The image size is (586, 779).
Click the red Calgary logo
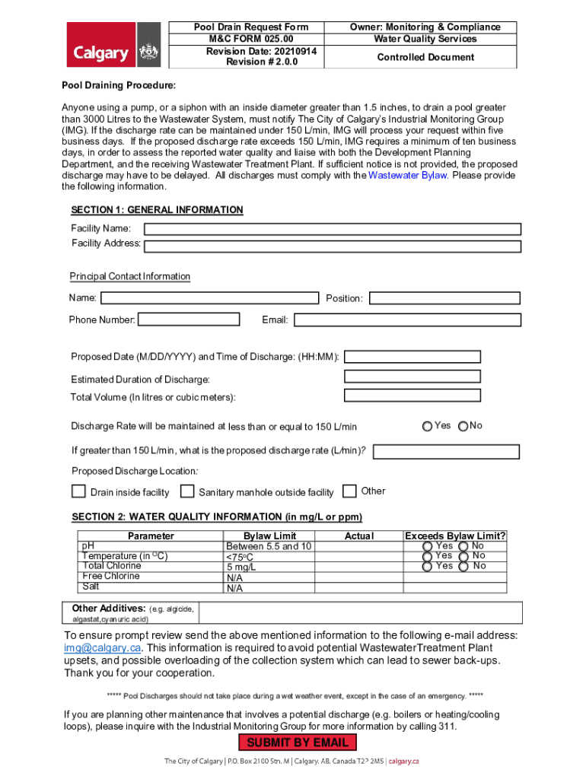pyautogui.click(x=115, y=45)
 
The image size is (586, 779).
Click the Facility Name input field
pyautogui.click(x=332, y=229)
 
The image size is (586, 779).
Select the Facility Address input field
pyautogui.click(x=332, y=246)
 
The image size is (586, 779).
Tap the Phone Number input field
pyautogui.click(x=188, y=320)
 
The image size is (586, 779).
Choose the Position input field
pyautogui.click(x=444, y=298)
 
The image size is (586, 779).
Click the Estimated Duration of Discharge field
pyautogui.click(x=412, y=377)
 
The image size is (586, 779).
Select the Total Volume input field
pyautogui.click(x=412, y=395)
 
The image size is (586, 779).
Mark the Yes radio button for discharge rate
pyautogui.click(x=427, y=426)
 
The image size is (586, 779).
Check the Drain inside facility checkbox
pyautogui.click(x=78, y=491)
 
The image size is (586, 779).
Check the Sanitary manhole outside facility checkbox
pyautogui.click(x=186, y=491)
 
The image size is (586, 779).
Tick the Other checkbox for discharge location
pyautogui.click(x=350, y=491)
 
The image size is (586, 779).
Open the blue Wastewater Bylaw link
pyautogui.click(x=407, y=176)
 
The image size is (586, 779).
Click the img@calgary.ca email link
pyautogui.click(x=103, y=648)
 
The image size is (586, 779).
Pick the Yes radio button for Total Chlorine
pyautogui.click(x=427, y=566)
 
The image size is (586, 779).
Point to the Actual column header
pyautogui.click(x=359, y=536)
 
